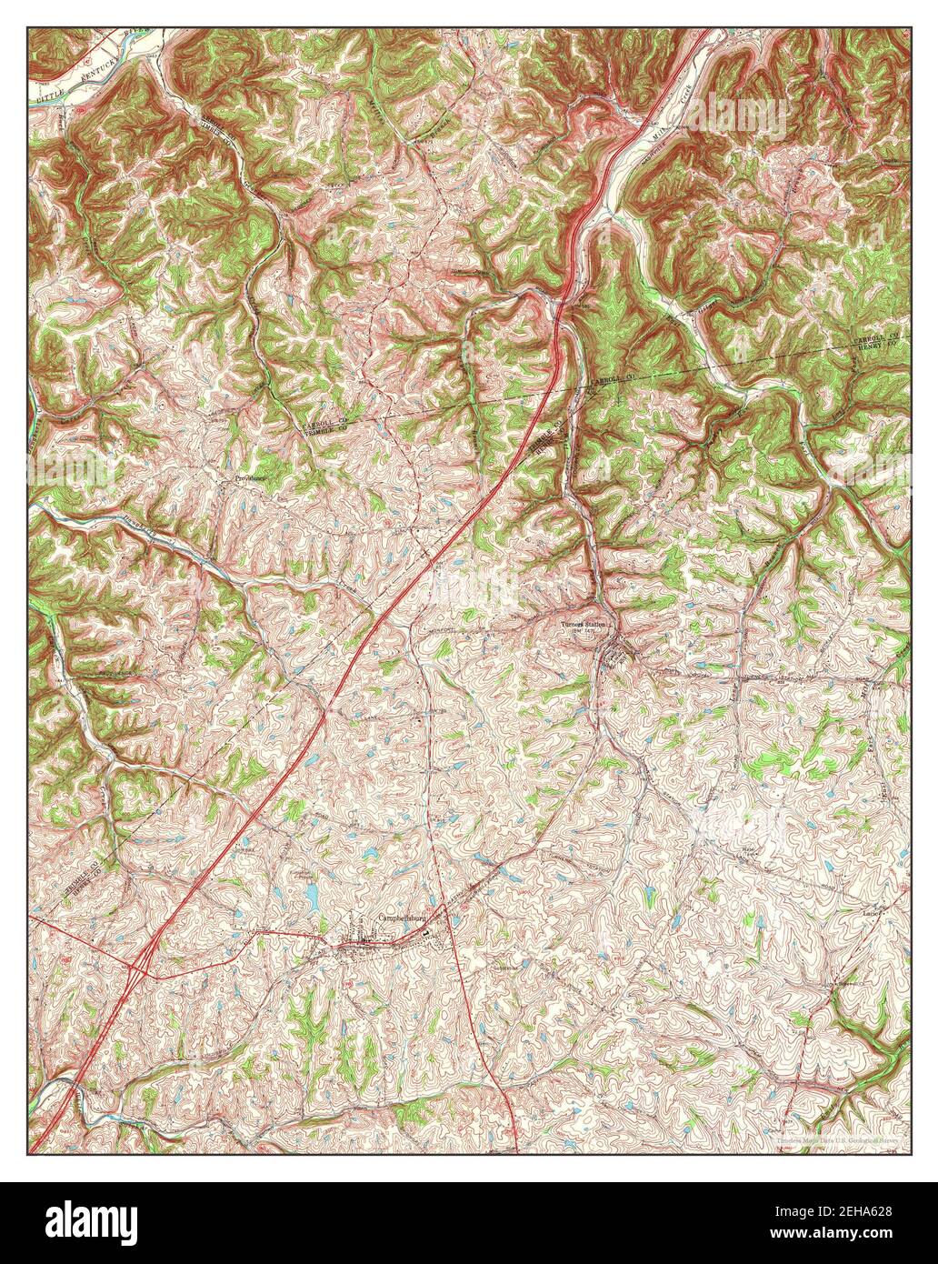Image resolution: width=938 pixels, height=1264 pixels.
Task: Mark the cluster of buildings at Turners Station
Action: [x=618, y=653]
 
